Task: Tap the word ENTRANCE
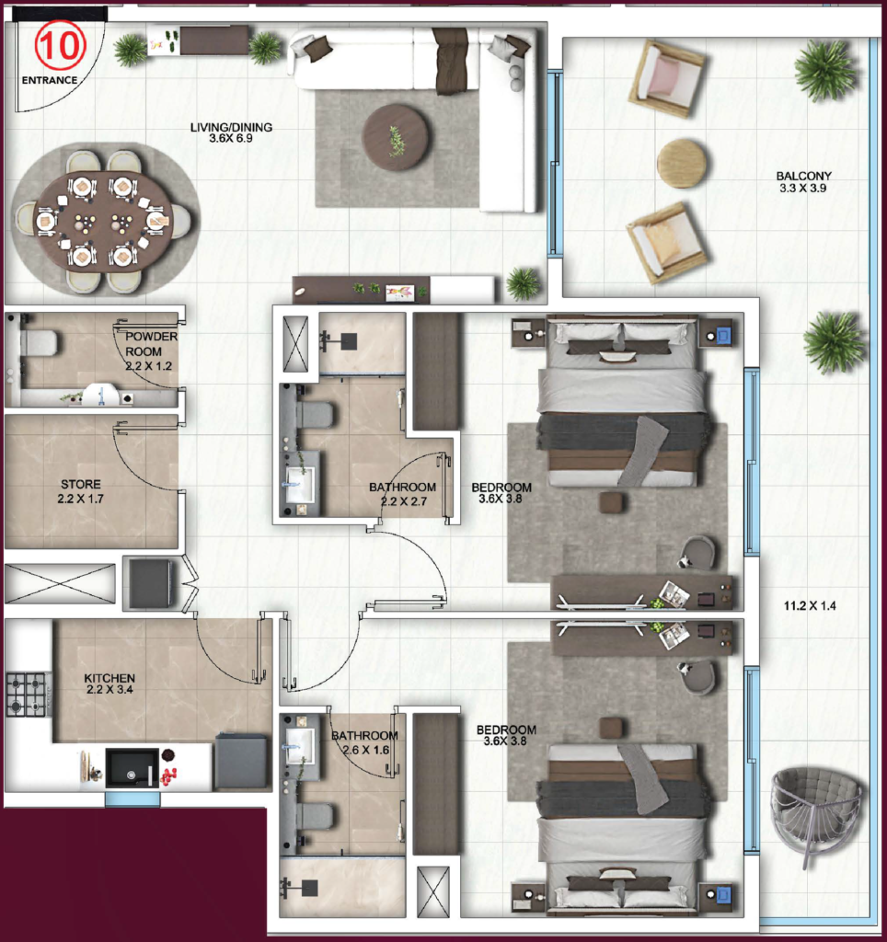point(50,80)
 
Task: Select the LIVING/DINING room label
point(231,128)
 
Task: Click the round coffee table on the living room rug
point(396,137)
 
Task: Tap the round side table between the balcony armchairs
point(682,164)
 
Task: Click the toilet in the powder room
point(39,343)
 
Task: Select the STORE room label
point(81,484)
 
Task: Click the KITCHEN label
point(109,678)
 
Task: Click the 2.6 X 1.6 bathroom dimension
point(365,750)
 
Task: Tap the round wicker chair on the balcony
point(815,812)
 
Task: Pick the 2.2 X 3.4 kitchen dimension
point(109,691)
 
